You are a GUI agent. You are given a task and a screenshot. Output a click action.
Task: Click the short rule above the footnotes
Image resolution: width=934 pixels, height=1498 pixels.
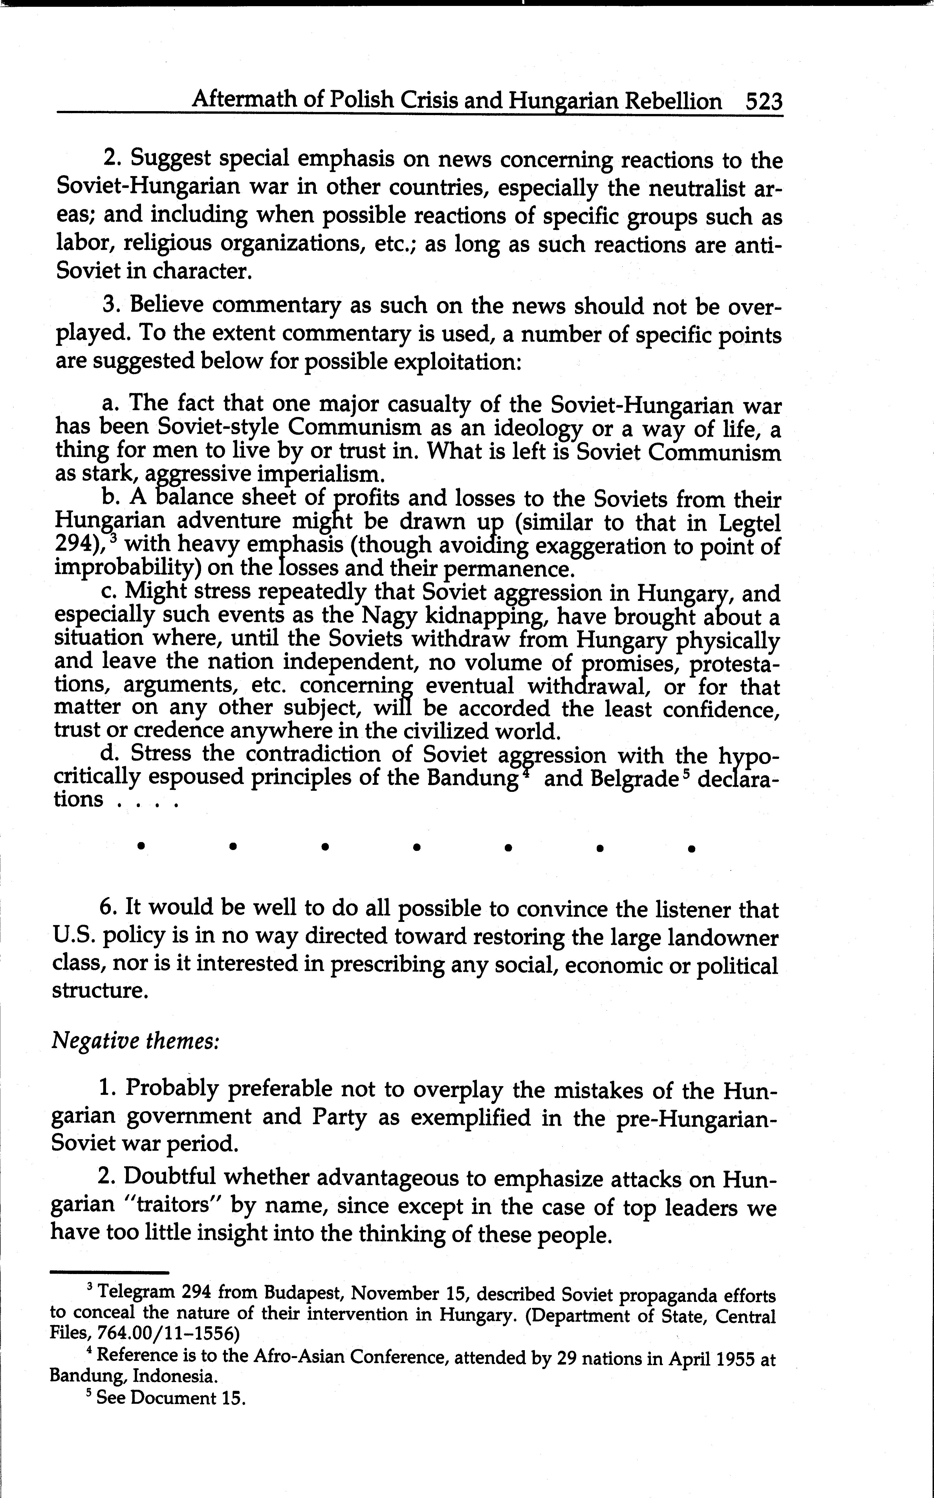(x=109, y=1272)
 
